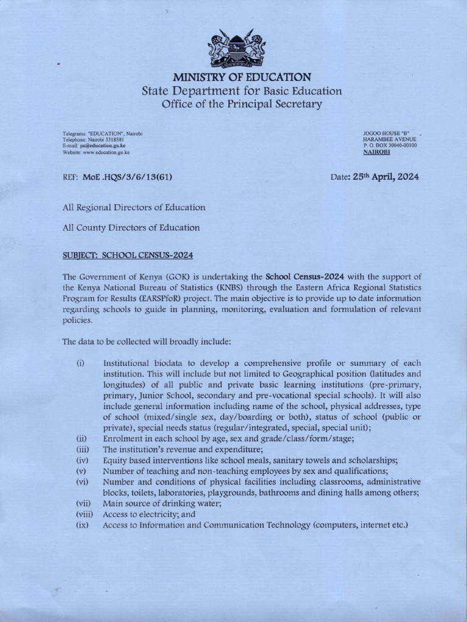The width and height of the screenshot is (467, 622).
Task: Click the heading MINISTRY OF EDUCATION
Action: coord(242,77)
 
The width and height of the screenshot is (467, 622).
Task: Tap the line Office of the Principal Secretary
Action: coord(241,104)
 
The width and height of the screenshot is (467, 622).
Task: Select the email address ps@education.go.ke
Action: coord(102,146)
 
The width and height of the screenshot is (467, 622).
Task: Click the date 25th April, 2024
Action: coord(386,177)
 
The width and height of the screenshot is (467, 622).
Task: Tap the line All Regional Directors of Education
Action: coord(134,207)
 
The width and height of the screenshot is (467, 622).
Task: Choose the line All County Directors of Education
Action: coord(131,228)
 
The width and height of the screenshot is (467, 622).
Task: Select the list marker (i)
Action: coord(80,363)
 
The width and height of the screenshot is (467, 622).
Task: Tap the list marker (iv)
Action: coord(82,460)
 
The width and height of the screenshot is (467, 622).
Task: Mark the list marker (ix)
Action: coord(82,524)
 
